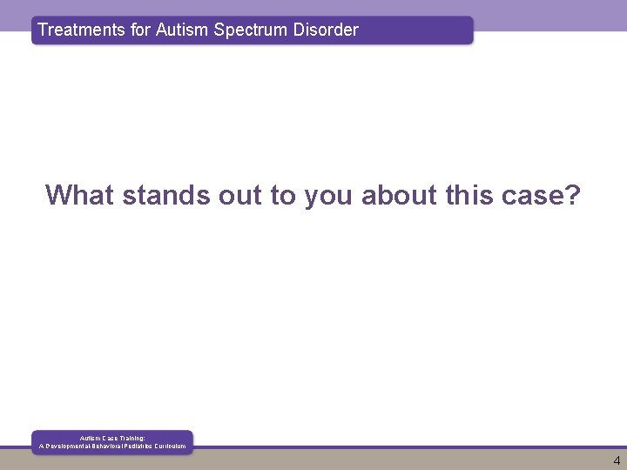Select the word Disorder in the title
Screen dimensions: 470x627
(x=326, y=30)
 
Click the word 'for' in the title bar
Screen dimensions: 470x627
(x=139, y=30)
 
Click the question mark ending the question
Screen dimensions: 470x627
(x=572, y=195)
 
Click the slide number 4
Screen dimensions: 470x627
(x=617, y=461)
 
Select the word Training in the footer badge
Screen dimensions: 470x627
(x=129, y=438)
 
